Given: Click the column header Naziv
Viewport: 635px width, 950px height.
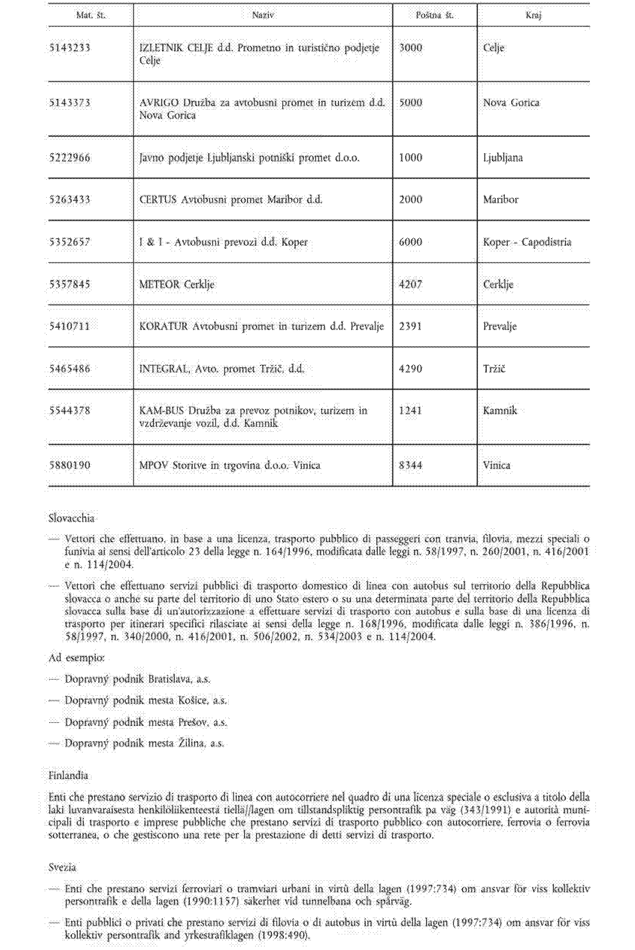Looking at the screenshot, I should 263,15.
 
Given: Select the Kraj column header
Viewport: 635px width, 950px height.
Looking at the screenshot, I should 534,15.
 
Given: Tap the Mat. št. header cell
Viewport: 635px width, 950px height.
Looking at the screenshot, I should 91,15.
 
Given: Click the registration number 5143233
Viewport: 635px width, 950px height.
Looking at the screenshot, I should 70,48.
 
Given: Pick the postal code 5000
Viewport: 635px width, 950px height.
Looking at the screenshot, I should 411,103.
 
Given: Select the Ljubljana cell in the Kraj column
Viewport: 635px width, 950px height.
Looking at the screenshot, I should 503,158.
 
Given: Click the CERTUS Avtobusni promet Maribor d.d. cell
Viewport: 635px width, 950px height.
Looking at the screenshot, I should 231,200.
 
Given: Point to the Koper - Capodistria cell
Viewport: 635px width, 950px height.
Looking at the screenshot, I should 527,242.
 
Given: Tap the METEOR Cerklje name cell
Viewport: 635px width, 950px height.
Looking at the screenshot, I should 176,284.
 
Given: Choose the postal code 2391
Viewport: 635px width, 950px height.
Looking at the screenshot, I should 411,327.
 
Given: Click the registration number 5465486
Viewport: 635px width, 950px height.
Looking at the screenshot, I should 70,369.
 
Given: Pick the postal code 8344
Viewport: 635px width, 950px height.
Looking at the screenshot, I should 411,466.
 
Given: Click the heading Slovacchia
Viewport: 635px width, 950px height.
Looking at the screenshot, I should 71,518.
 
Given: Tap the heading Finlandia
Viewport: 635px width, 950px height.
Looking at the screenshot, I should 68,776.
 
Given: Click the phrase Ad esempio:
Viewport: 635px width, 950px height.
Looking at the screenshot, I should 76,658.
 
